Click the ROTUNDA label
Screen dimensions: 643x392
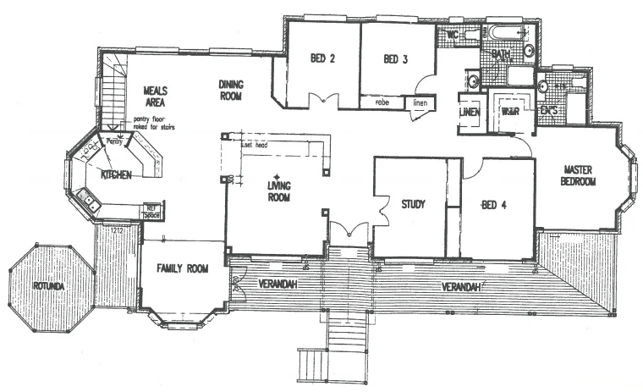[48, 285]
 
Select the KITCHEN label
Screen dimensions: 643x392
[115, 174]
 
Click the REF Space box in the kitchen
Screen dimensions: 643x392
[152, 211]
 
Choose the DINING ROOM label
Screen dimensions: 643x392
[231, 90]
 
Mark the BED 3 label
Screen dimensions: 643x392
[396, 59]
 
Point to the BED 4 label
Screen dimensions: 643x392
[493, 204]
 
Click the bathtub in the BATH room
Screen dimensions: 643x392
[504, 35]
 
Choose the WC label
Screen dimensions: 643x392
[452, 36]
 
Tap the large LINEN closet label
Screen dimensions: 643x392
[470, 113]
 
